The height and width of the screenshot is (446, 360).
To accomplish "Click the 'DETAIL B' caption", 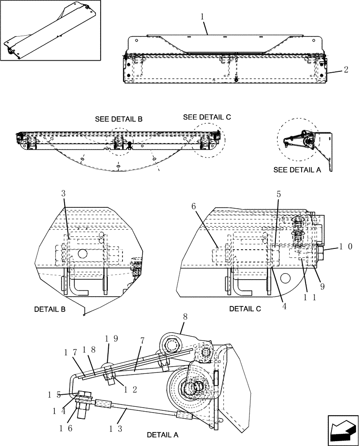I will coord(50,309).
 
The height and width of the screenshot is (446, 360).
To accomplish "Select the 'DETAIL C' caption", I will coord(245,309).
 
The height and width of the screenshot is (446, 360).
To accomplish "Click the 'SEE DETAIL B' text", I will coord(119,120).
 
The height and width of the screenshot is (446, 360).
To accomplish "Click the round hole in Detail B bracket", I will coord(82,253).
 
